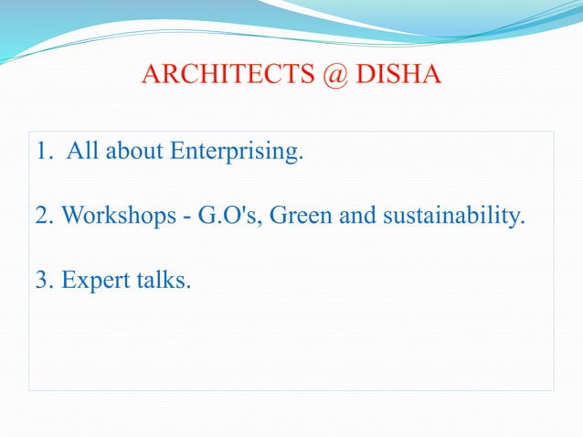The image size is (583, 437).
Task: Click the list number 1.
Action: (x=41, y=151)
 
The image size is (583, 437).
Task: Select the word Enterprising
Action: (x=237, y=152)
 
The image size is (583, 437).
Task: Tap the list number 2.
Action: (x=42, y=216)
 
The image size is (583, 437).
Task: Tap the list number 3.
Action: (x=42, y=281)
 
